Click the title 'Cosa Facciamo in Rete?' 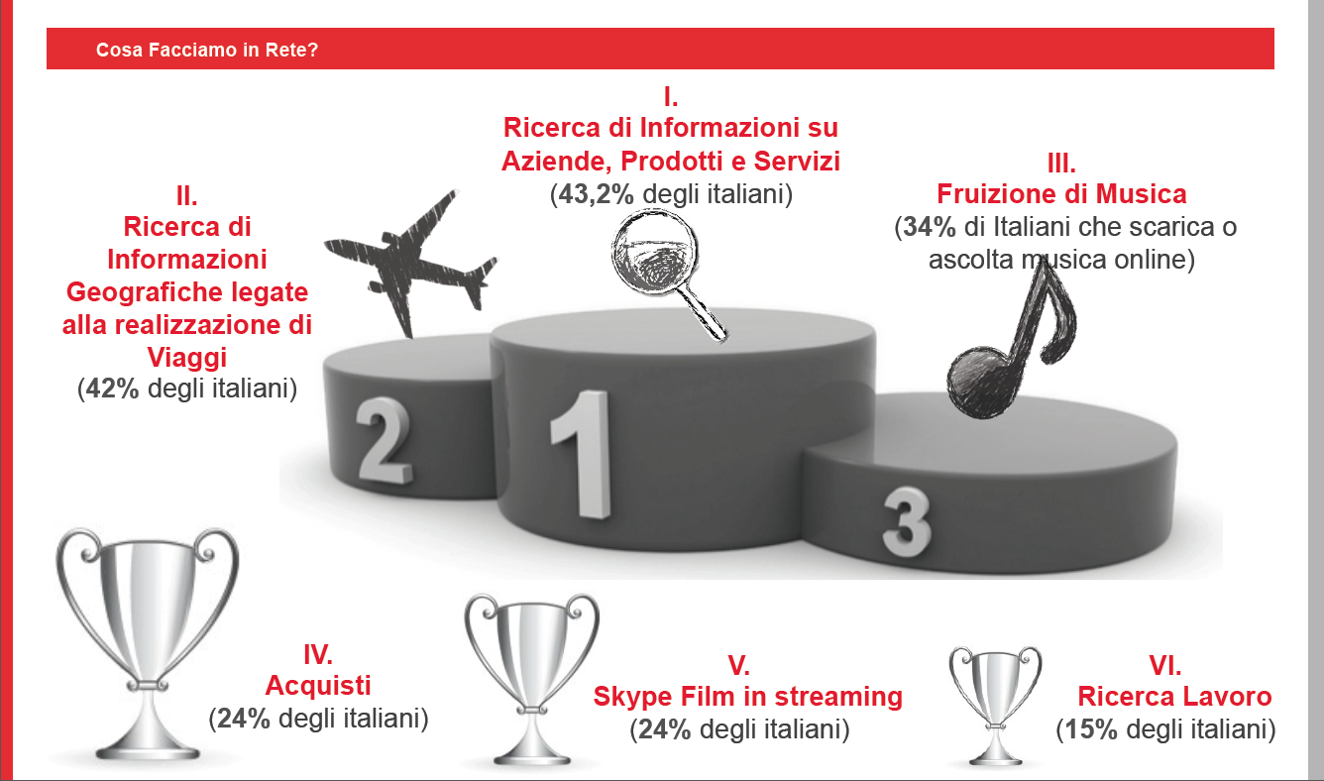207,50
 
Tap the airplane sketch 408,260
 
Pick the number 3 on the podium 906,521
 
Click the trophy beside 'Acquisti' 148,643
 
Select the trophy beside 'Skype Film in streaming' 531,679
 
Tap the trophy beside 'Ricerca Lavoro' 995,705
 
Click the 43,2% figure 596,194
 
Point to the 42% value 112,389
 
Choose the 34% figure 930,227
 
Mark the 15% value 1091,729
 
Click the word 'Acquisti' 318,686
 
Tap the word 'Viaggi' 186,358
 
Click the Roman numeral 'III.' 1061,164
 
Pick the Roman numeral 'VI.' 1165,666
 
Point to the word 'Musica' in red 1142,194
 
